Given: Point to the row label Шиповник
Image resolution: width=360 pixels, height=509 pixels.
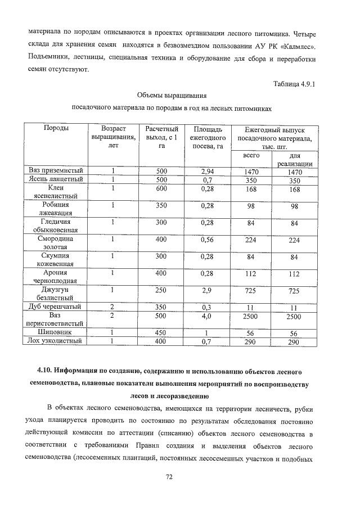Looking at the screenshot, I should [x=56, y=332].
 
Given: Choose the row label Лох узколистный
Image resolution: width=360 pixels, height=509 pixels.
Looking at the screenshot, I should [x=56, y=341].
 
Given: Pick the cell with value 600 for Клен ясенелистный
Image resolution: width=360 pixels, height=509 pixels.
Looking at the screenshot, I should [x=161, y=188].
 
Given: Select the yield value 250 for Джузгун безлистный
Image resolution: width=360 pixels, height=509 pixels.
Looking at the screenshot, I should [x=161, y=290].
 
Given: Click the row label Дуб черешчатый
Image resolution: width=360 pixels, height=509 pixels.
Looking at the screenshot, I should [x=56, y=307].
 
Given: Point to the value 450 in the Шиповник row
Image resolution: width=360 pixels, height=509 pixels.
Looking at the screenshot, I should [x=161, y=332].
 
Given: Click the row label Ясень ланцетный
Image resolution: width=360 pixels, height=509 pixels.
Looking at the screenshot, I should [x=56, y=180].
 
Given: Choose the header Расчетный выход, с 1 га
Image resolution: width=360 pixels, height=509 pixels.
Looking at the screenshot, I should [x=161, y=137].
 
